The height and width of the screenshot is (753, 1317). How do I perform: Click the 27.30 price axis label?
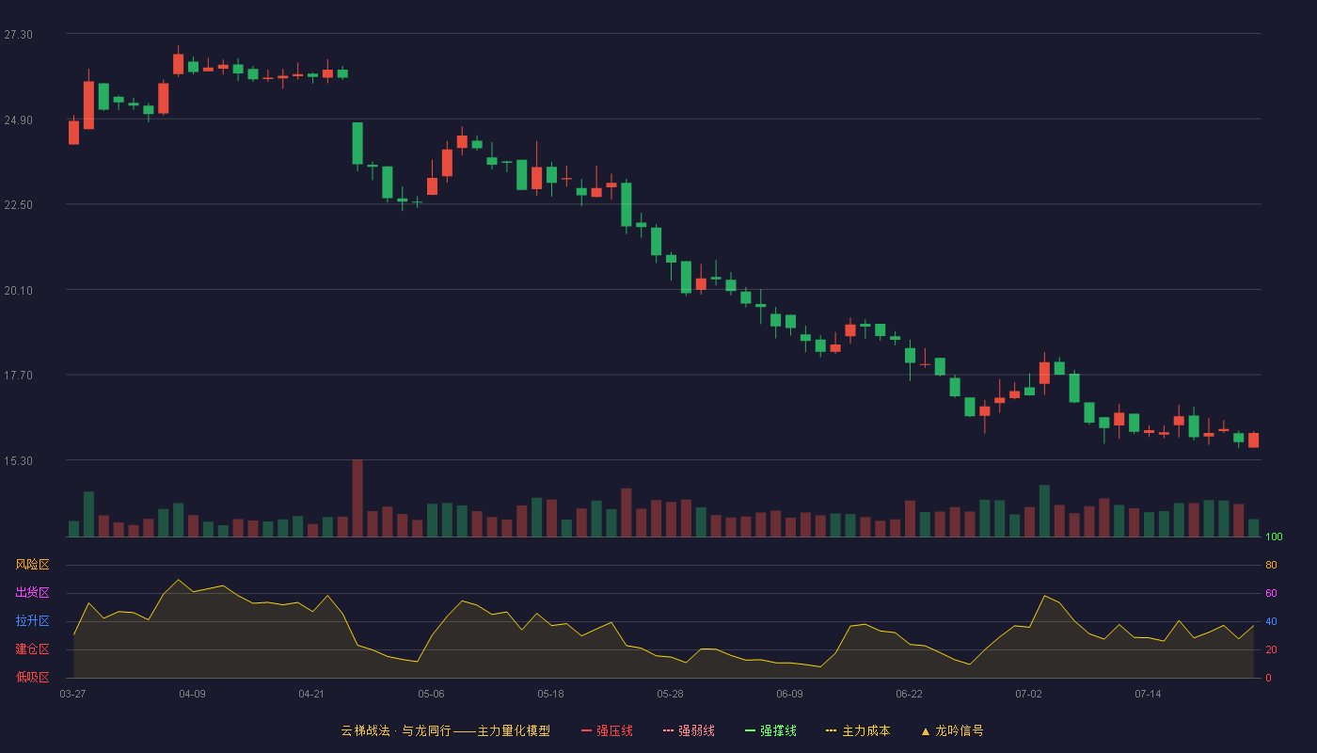(x=18, y=35)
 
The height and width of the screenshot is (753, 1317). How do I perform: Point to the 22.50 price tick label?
(x=18, y=205)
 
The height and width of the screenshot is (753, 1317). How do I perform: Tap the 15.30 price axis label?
(x=18, y=461)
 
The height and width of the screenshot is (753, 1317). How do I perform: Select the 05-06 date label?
(x=431, y=695)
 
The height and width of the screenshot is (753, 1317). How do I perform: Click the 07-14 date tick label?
(x=1148, y=695)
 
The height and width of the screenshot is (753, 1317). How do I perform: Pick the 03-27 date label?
(x=73, y=695)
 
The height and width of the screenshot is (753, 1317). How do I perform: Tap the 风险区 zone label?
(x=32, y=565)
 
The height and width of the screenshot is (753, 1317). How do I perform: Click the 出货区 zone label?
(x=32, y=592)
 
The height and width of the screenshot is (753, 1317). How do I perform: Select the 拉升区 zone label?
(x=32, y=620)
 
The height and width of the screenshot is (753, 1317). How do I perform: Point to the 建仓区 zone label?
(x=32, y=649)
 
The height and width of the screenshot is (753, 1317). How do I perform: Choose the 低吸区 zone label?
(x=32, y=677)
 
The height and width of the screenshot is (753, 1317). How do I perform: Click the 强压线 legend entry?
(x=607, y=730)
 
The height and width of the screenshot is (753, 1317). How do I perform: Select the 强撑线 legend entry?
(x=770, y=730)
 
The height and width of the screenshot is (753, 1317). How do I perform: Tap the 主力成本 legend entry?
(x=858, y=730)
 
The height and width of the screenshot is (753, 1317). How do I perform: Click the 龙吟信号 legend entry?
(x=952, y=730)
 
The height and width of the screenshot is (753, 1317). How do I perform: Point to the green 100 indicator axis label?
(x=1274, y=537)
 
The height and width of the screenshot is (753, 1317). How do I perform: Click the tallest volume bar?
(x=357, y=498)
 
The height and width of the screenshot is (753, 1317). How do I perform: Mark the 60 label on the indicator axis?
(x=1271, y=593)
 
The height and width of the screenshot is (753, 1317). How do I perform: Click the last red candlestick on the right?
(x=1253, y=441)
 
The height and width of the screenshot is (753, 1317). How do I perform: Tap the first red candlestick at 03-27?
(x=73, y=132)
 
